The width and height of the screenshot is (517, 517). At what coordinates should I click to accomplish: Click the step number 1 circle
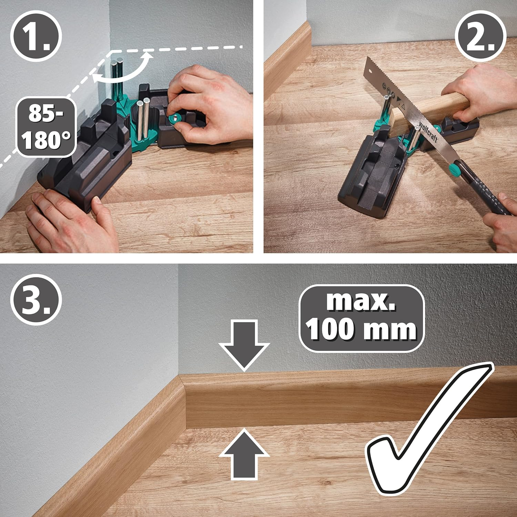[36, 36]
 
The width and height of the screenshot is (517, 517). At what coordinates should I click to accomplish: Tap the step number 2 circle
[480, 36]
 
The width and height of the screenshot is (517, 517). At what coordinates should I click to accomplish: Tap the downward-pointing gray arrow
[244, 345]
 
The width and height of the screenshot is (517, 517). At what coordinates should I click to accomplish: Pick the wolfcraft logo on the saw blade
[428, 131]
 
